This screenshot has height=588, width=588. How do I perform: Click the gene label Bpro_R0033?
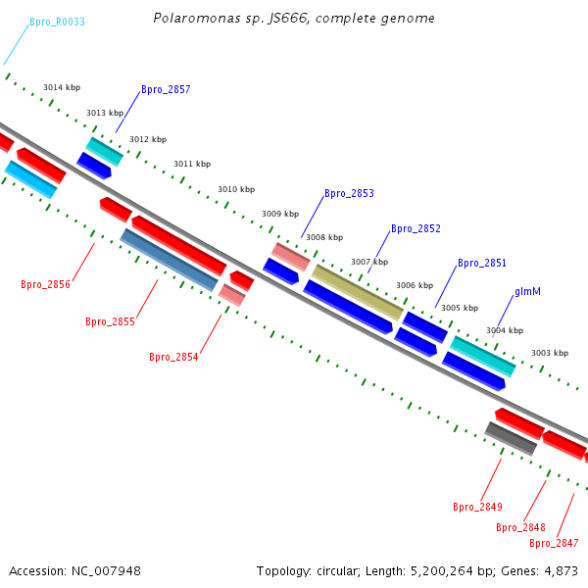[x=57, y=22]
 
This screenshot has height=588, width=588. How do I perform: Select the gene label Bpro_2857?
[x=166, y=89]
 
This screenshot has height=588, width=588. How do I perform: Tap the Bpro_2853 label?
[x=349, y=193]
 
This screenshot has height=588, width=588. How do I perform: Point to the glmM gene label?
[x=527, y=291]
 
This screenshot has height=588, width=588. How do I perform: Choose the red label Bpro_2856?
[x=45, y=284]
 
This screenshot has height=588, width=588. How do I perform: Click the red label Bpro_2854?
[x=173, y=357]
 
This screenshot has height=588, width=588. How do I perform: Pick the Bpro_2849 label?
[x=477, y=507]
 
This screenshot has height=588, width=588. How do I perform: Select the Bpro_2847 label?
[x=554, y=543]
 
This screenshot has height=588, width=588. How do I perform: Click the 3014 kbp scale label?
[x=62, y=87]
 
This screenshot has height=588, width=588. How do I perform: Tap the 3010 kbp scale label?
[x=236, y=189]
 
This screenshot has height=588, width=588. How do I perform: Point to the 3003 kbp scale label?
[x=550, y=353]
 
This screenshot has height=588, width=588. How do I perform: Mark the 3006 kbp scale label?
[x=415, y=285]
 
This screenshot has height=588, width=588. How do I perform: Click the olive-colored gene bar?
[x=358, y=292]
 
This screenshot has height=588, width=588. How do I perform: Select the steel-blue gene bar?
[x=169, y=260]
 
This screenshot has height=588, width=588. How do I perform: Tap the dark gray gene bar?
[x=511, y=439]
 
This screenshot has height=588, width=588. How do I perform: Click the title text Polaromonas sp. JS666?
[x=231, y=18]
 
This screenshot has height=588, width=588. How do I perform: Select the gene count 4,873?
[x=561, y=571]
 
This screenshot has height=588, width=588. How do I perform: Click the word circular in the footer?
[x=337, y=571]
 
